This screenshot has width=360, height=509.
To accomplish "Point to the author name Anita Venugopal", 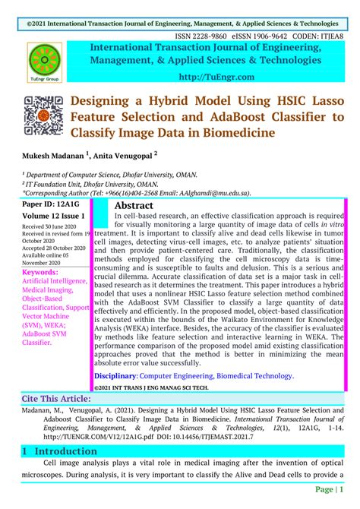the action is [x=126, y=155].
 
